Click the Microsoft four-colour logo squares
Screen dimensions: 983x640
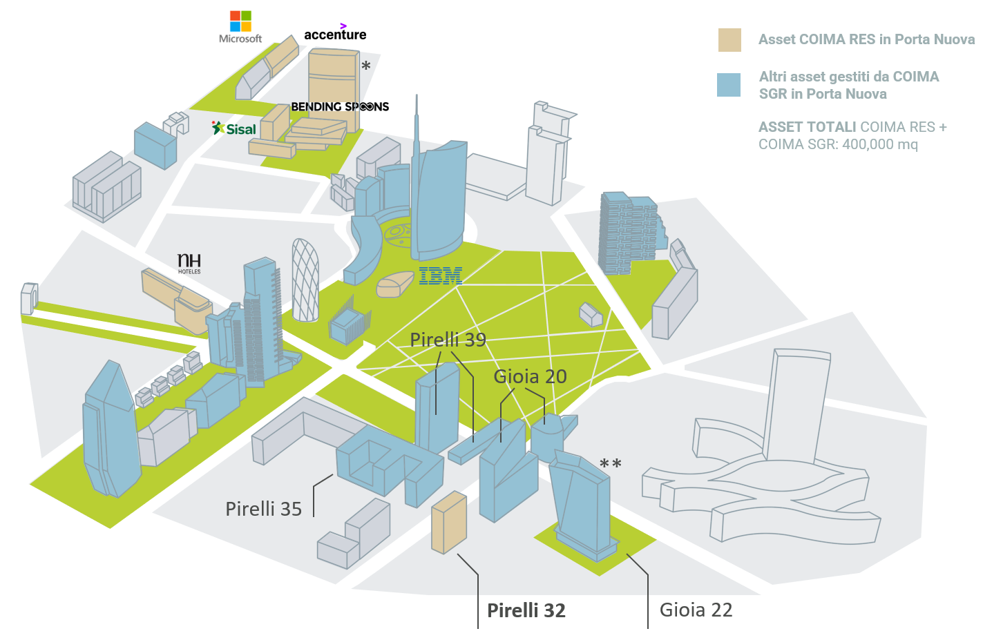coord(240,21)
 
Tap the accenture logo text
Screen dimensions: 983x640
coord(335,33)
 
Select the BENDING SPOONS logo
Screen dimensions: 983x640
coord(340,106)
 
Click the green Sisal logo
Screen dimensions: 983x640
coord(234,128)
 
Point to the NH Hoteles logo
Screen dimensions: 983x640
coord(189,264)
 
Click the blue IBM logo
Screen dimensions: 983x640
coord(441,275)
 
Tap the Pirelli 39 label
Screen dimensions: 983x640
coord(448,340)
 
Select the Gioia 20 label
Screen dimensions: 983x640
coord(530,377)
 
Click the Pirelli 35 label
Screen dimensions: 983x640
coord(263,510)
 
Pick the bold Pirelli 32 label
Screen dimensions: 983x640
coord(526,610)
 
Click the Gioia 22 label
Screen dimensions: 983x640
coord(696,610)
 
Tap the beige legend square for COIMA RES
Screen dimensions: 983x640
coord(729,40)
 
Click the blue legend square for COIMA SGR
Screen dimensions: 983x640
coord(729,85)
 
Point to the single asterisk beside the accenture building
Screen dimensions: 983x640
coord(366,66)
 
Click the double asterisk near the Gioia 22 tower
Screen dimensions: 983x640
coord(611,463)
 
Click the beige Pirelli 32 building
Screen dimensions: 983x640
coord(449,523)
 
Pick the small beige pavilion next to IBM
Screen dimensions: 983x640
coord(395,284)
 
